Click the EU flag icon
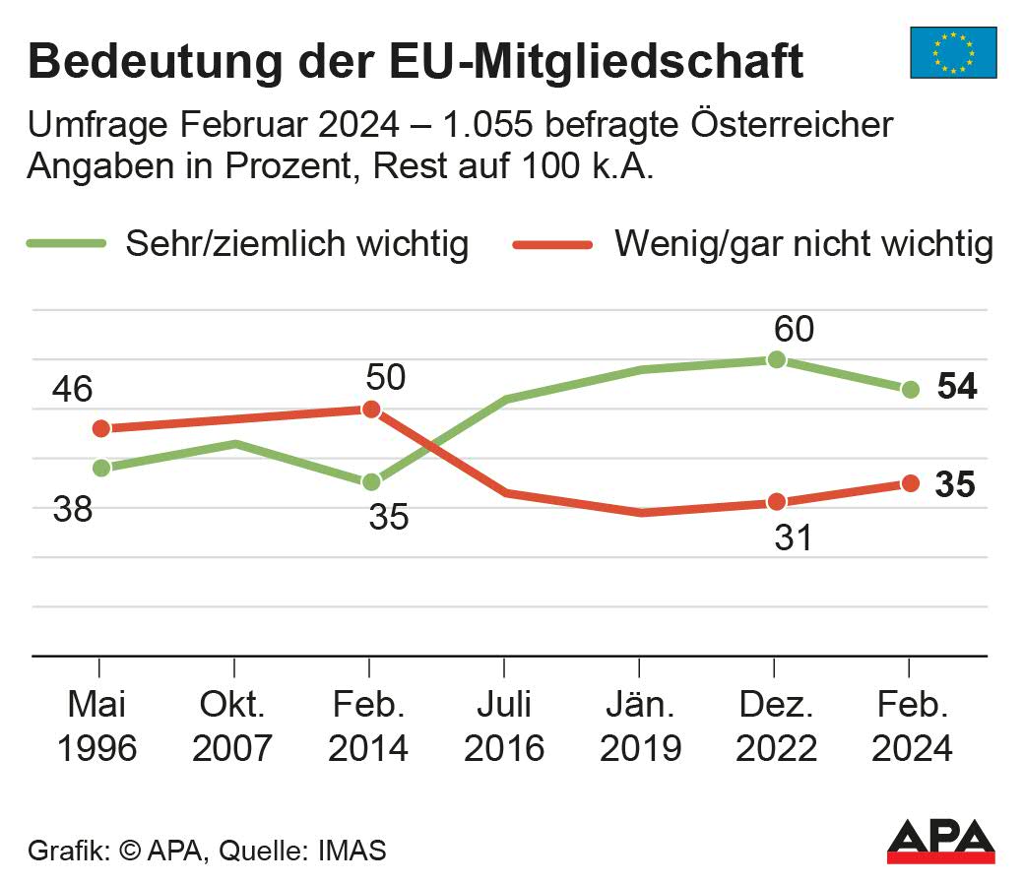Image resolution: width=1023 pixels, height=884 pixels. [x=952, y=52]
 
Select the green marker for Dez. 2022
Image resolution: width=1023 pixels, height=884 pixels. [x=776, y=359]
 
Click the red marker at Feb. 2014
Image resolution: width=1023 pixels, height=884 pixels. [x=371, y=409]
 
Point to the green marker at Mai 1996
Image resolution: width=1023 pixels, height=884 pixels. [x=100, y=468]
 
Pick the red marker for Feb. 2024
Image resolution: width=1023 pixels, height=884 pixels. [x=910, y=483]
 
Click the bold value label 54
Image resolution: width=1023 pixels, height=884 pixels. [x=956, y=388]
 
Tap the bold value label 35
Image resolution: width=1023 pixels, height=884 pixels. [x=954, y=485]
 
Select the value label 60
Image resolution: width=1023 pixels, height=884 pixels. [x=794, y=329]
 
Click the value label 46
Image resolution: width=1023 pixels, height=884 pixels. [x=72, y=389]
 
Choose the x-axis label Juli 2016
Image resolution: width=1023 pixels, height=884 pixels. [x=504, y=726]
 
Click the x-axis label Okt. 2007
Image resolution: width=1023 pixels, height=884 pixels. [x=233, y=726]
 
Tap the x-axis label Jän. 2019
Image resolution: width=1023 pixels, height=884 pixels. [x=640, y=726]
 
